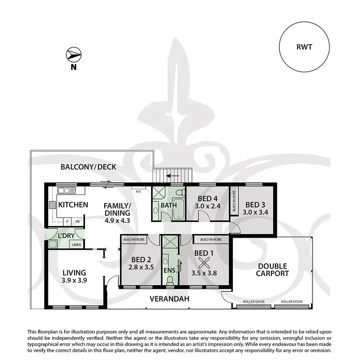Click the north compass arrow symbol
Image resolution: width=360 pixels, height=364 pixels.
pos(73,54)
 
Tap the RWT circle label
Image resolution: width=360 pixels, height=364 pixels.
pos(305,47)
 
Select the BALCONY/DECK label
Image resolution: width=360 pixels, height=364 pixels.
pos(88,167)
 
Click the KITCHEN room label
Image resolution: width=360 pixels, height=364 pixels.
pos(73,205)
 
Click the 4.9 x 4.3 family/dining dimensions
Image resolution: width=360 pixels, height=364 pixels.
pos(117,221)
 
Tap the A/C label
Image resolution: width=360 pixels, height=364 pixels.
pos(139,191)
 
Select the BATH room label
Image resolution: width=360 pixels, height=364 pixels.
pos(169,206)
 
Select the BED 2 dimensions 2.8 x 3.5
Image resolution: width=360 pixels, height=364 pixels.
pos(142,268)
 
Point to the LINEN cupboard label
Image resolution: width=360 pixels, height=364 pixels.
pos(76,245)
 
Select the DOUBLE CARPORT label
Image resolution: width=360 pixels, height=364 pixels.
pos(272,270)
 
